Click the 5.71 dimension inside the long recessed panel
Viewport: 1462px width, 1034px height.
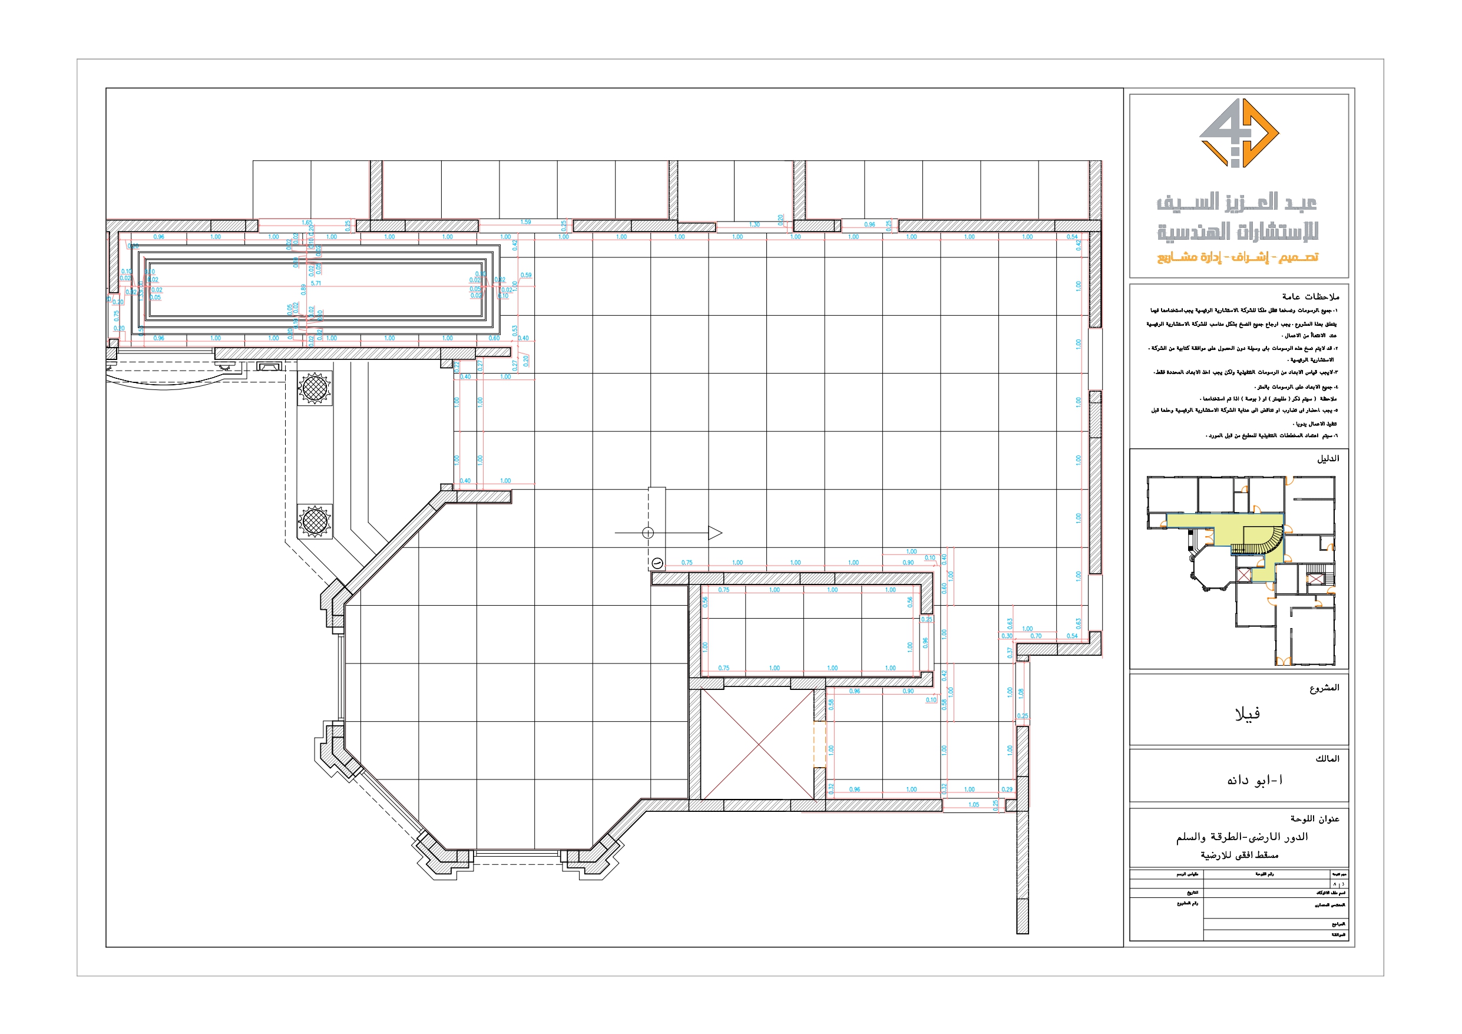[x=316, y=283]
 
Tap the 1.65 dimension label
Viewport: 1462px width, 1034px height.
[x=307, y=223]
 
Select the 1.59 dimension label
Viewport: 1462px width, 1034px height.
[x=525, y=222]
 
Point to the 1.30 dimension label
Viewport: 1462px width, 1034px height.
[x=754, y=224]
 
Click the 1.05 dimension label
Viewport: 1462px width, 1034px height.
[x=974, y=805]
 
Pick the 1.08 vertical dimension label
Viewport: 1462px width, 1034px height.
[x=1021, y=692]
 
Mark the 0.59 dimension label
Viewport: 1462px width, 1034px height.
[x=526, y=275]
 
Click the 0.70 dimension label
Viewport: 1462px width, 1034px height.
[x=1036, y=636]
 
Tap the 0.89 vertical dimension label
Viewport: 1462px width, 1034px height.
[x=304, y=289]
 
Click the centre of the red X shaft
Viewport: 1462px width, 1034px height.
[x=757, y=744]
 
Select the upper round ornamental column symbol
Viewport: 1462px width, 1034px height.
[x=314, y=387]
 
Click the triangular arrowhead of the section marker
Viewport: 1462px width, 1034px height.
[x=715, y=533]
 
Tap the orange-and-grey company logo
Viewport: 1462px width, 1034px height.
[x=1239, y=133]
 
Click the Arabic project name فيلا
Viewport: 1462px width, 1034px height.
[x=1247, y=713]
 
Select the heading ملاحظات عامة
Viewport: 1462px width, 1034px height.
[x=1311, y=296]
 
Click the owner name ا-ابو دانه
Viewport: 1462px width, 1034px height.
[x=1255, y=781]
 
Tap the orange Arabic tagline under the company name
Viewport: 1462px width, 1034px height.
[x=1237, y=257]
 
